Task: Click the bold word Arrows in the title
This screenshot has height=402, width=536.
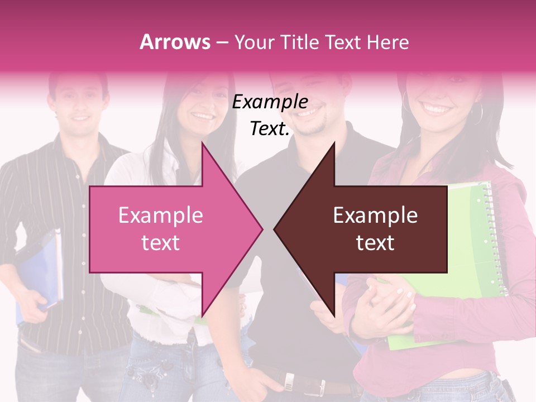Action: click(175, 42)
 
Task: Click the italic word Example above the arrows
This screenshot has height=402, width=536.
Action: click(270, 102)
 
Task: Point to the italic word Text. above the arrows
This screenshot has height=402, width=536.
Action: click(270, 129)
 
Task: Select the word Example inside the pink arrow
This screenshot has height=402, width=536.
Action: click(161, 216)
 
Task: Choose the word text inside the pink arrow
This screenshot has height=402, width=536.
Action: click(161, 243)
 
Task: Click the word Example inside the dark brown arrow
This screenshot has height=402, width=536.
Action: click(375, 216)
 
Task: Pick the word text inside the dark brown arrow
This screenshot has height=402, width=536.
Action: click(375, 243)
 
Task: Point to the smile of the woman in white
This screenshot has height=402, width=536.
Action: click(203, 117)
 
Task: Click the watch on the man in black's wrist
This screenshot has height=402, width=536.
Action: click(289, 381)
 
